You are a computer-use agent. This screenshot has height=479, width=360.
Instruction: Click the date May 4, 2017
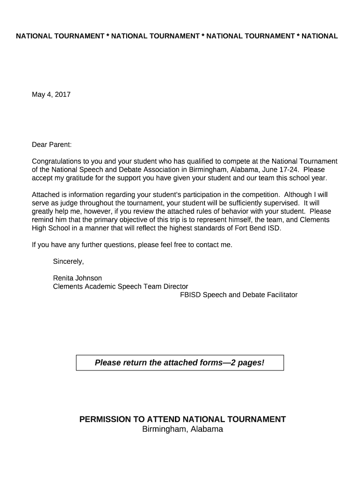51,94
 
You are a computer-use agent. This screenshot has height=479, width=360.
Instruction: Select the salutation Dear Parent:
52,145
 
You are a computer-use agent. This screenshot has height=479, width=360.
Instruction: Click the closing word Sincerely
68,261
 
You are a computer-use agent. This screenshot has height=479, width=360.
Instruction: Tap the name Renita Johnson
77,278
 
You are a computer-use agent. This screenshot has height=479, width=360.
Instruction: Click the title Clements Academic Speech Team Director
121,286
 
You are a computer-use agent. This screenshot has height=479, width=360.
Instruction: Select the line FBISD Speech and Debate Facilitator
238,295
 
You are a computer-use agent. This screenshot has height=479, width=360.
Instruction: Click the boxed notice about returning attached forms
180,363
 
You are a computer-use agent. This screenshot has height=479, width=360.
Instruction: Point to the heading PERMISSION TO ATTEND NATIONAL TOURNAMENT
182,419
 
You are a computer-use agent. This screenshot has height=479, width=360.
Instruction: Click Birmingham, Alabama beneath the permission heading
182,429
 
